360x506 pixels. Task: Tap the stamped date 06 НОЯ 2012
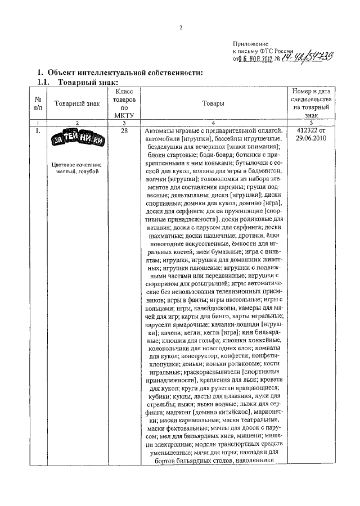[x=256, y=58]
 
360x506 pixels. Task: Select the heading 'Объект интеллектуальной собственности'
[x=124, y=73]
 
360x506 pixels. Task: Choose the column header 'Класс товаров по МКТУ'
[x=125, y=103]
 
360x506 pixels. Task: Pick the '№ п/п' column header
[x=38, y=103]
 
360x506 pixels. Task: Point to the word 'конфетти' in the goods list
[x=241, y=356]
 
